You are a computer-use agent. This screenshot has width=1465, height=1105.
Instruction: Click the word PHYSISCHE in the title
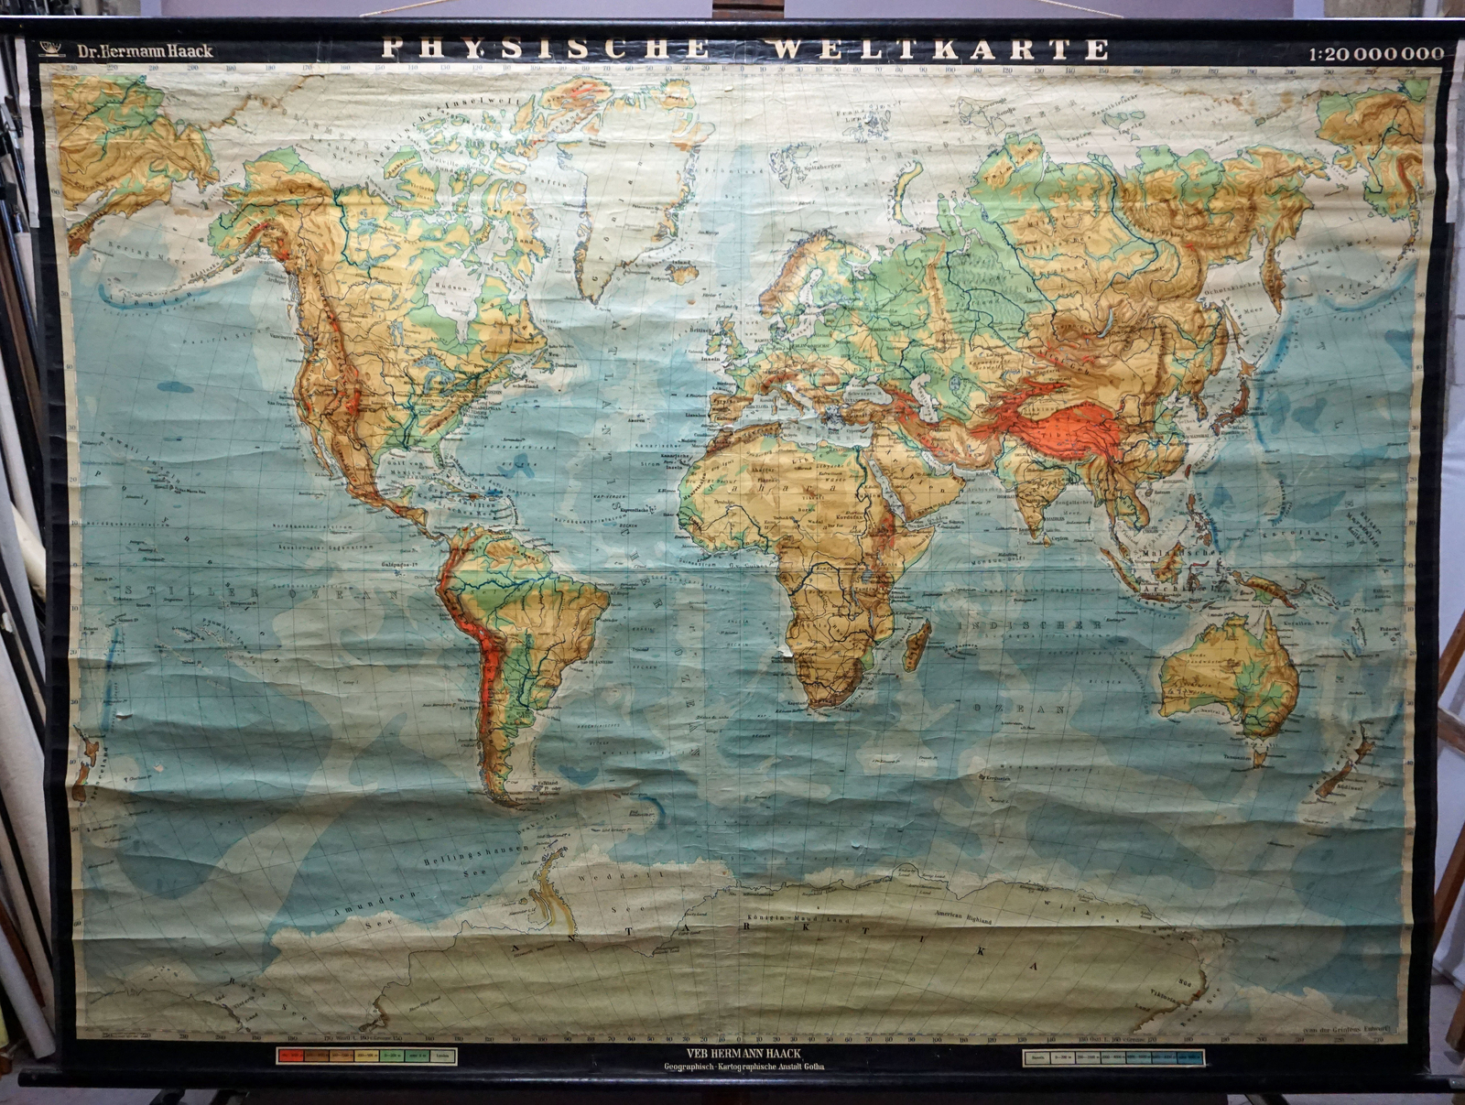tap(546, 49)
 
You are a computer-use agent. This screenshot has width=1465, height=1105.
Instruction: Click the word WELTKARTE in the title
tap(939, 49)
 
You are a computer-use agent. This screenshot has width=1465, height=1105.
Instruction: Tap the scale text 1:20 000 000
tap(1375, 53)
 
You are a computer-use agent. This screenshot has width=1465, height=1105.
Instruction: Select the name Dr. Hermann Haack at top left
tap(145, 51)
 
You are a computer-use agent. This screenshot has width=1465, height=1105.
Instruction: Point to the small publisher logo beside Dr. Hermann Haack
tap(53, 49)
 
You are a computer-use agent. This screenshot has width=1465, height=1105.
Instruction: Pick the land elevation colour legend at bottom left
tap(366, 1056)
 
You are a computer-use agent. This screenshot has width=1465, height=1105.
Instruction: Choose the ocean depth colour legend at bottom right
tap(1112, 1058)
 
